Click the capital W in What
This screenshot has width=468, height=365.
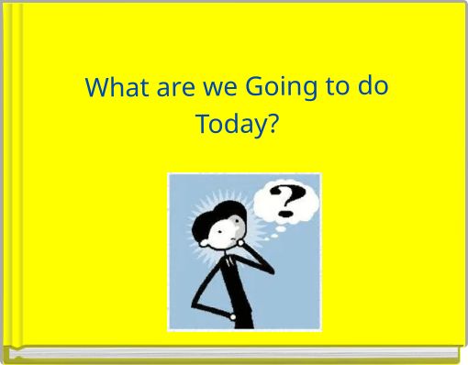(x=95, y=88)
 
